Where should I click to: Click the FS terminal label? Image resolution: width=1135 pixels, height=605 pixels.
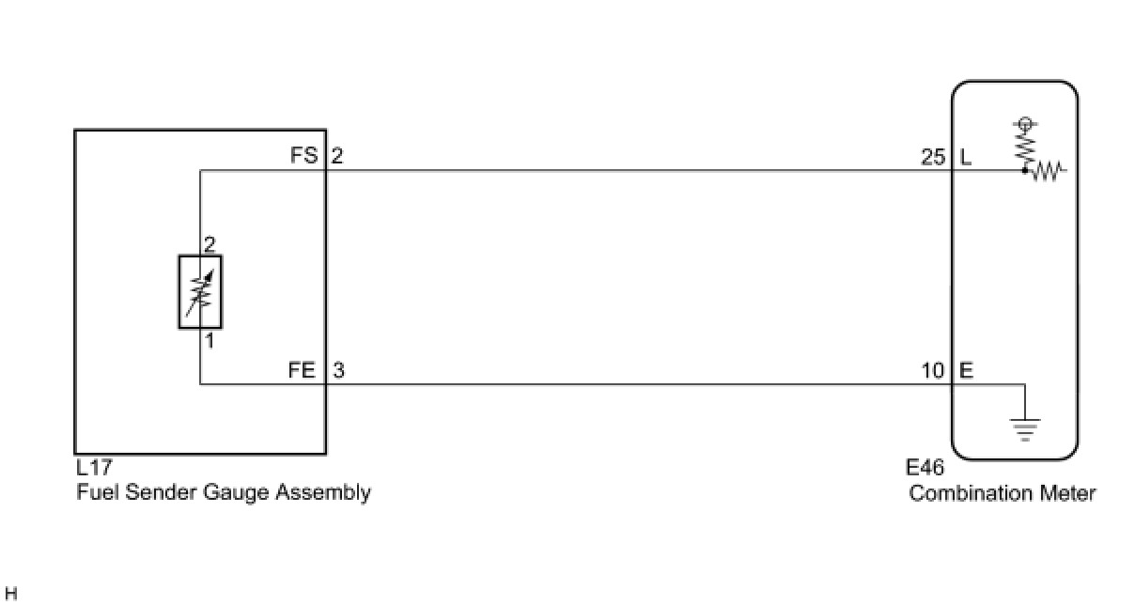point(303,155)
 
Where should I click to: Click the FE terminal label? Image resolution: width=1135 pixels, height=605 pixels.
point(303,370)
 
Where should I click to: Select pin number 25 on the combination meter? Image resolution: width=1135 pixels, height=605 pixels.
point(933,157)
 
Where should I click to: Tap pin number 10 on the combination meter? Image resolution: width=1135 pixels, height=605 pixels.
point(933,371)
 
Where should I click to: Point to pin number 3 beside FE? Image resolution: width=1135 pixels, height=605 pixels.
point(338,370)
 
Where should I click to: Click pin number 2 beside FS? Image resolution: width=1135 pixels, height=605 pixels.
point(337,155)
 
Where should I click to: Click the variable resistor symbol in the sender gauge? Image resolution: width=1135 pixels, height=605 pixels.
point(200,291)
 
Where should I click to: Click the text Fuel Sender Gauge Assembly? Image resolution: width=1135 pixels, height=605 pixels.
point(224,492)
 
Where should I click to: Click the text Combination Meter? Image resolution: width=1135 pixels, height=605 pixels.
point(1002,493)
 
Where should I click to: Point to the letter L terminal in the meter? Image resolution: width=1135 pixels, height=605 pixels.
point(965,157)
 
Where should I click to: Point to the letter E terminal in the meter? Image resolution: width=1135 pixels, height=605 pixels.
point(966,371)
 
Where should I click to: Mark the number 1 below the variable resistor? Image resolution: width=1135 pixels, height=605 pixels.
point(210,341)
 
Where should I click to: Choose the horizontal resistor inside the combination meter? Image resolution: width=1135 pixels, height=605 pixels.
point(1045,172)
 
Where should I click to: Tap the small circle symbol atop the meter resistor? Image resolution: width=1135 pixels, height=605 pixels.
point(1025,123)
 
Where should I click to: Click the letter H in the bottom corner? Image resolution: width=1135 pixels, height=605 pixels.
point(11,594)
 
